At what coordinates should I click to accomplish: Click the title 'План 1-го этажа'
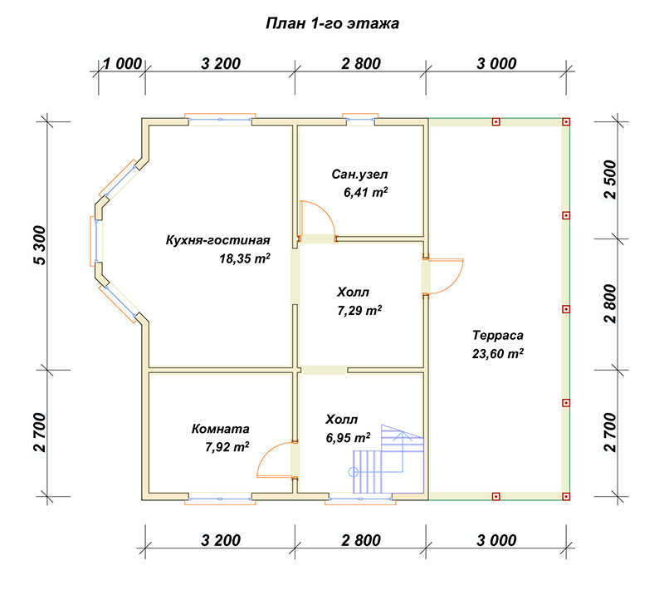click(x=333, y=23)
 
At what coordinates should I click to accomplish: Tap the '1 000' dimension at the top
click(x=122, y=64)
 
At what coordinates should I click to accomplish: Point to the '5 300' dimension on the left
click(x=39, y=245)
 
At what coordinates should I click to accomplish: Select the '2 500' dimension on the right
click(x=610, y=179)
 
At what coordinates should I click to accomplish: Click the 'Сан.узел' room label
click(x=359, y=175)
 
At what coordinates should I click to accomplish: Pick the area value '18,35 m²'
click(x=245, y=258)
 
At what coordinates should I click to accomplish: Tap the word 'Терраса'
click(x=498, y=336)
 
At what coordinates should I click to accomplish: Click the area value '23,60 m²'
click(x=498, y=353)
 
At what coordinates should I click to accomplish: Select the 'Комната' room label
click(x=220, y=429)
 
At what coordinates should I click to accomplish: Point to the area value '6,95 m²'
click(x=348, y=437)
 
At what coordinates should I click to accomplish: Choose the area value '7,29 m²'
click(x=359, y=311)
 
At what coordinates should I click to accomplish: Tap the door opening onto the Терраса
click(x=443, y=276)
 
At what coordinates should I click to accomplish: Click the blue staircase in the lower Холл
click(x=388, y=459)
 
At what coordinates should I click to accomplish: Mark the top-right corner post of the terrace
click(x=566, y=122)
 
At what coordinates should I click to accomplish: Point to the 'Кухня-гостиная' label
click(x=217, y=240)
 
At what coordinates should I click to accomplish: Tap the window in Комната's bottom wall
click(x=220, y=499)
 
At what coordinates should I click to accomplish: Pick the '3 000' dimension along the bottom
click(x=496, y=540)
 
